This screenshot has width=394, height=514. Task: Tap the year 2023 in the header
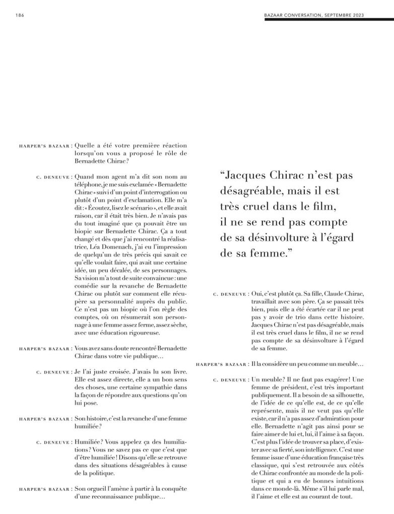(370, 14)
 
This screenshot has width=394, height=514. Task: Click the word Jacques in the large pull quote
(251, 176)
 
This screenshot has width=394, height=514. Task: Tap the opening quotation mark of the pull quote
(224, 176)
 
